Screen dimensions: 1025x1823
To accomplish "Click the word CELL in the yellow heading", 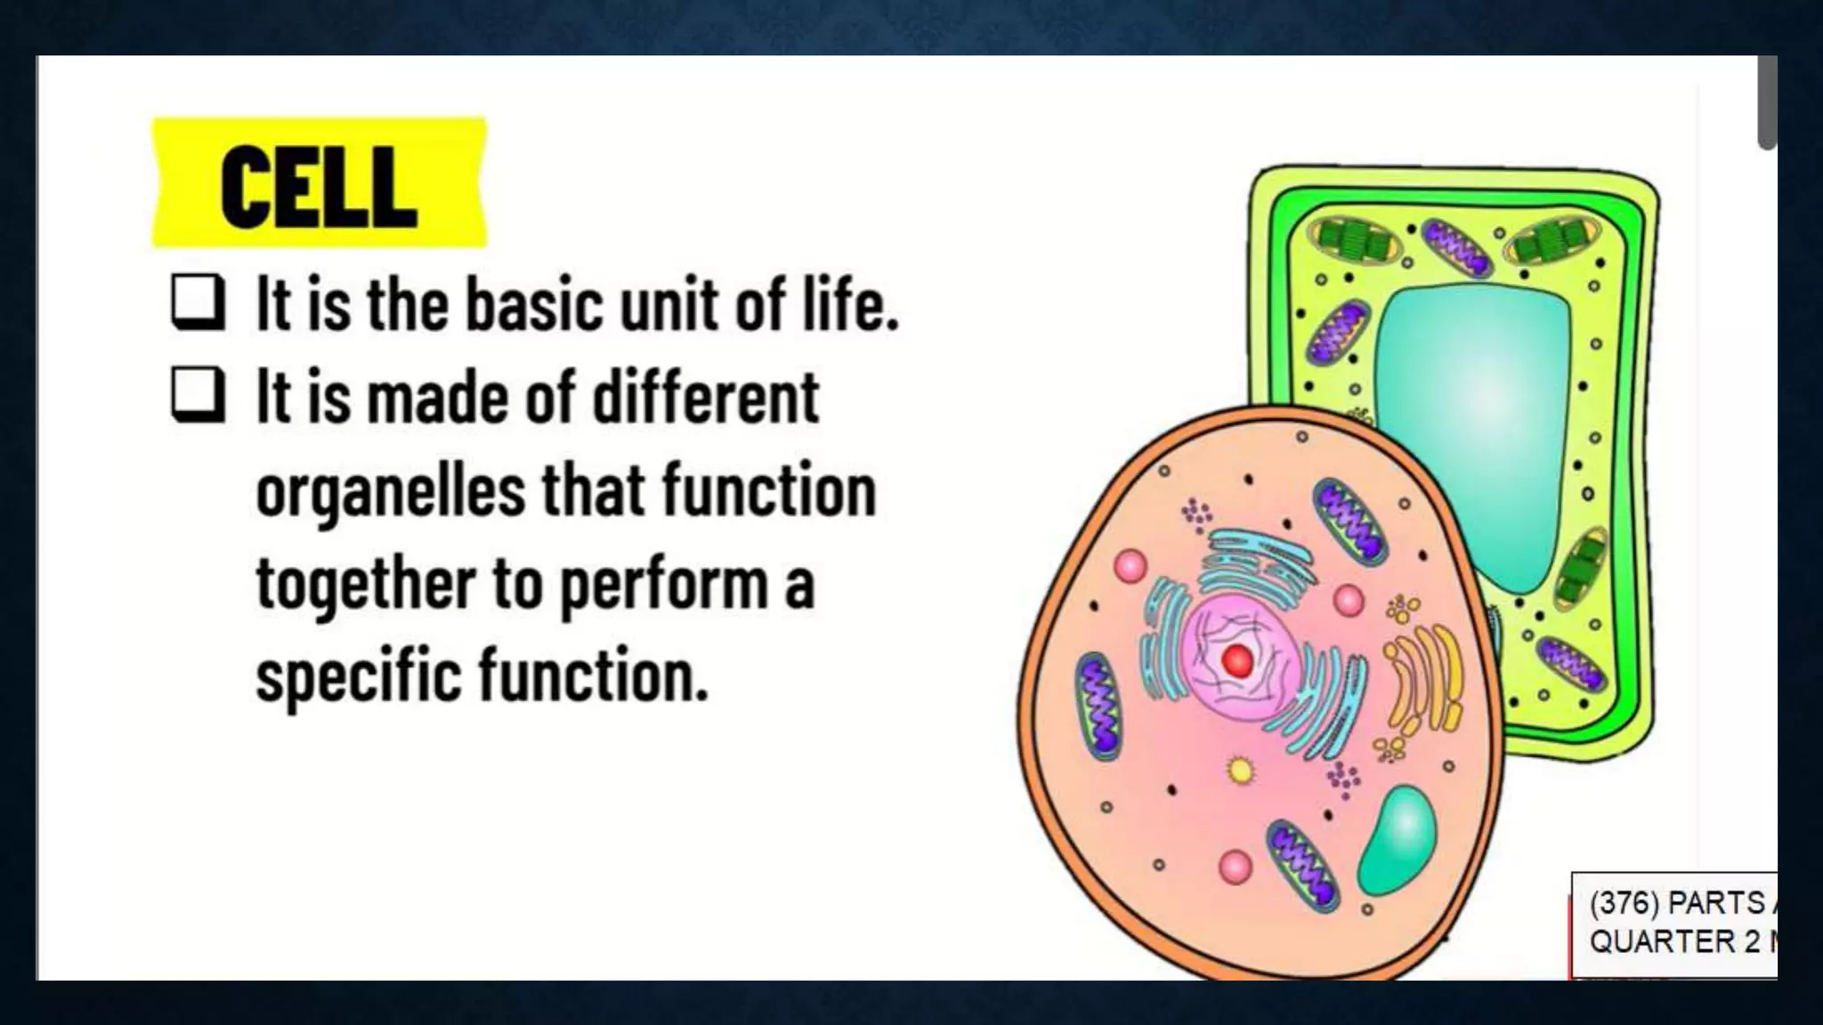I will (x=318, y=188).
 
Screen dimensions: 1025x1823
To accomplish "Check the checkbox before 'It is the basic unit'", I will (x=197, y=303).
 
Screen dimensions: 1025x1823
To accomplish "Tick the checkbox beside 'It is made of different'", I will (x=197, y=395).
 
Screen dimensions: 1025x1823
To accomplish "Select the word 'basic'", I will (x=532, y=304).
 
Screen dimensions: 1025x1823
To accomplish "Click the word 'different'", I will (x=705, y=397).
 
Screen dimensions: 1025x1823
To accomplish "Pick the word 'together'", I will (x=366, y=585).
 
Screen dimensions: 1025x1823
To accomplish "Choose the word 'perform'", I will (x=664, y=586).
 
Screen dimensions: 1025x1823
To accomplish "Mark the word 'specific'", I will (x=358, y=677).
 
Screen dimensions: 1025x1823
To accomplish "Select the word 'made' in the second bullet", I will (x=437, y=397).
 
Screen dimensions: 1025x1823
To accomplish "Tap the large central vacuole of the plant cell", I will (x=1473, y=427).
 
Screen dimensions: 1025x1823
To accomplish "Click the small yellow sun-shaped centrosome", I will (x=1239, y=770).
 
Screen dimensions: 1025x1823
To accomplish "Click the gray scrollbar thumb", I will (x=1767, y=102).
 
